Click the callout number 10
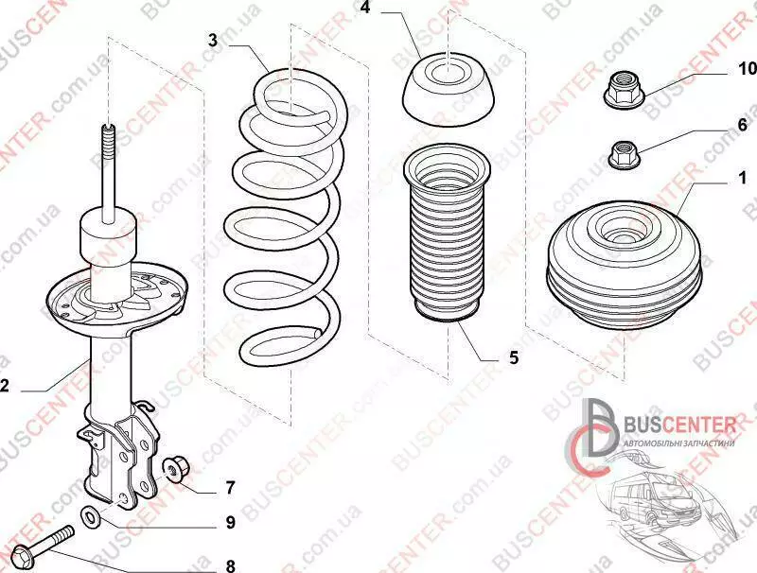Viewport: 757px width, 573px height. [748, 69]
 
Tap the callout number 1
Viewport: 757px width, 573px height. [743, 178]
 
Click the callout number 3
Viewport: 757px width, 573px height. [213, 40]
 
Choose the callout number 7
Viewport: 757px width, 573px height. [229, 488]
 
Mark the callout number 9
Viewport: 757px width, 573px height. [229, 521]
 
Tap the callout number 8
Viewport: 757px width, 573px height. [229, 566]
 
